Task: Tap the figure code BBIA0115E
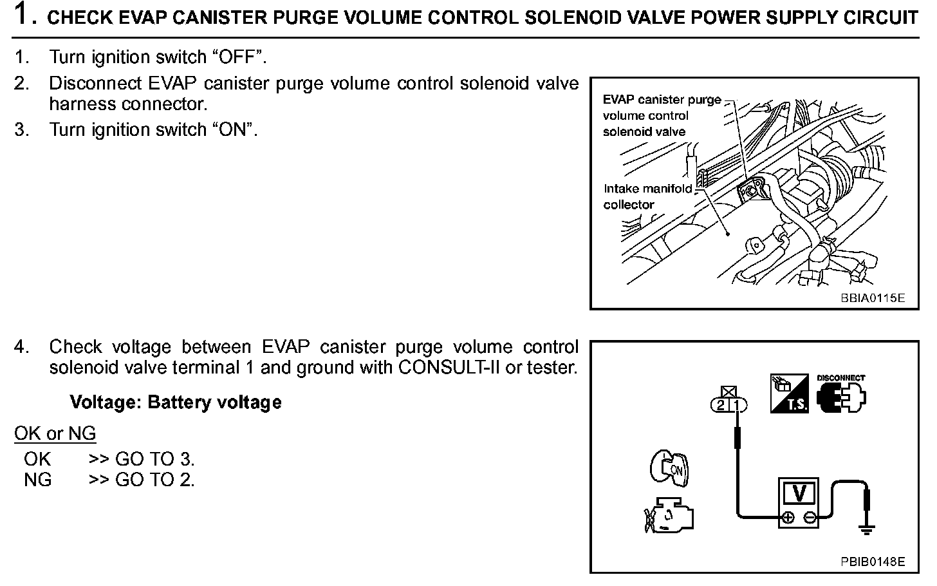tap(872, 298)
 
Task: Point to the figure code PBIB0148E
tap(872, 562)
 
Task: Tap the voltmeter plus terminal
tap(786, 517)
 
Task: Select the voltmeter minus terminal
tap(810, 517)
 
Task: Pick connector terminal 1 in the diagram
tap(738, 405)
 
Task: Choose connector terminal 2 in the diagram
tap(721, 405)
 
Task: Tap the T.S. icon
tap(789, 394)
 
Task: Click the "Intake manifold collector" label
tap(647, 196)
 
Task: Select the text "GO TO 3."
tap(154, 459)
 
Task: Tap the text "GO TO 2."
tap(154, 480)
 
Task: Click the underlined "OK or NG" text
tap(55, 433)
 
